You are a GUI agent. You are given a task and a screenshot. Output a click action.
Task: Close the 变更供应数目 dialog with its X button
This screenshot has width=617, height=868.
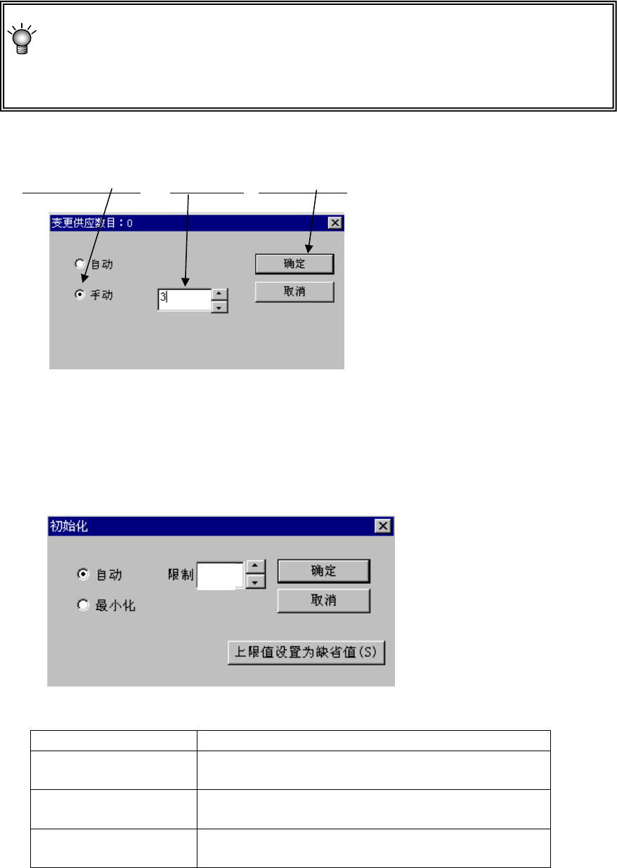[335, 223]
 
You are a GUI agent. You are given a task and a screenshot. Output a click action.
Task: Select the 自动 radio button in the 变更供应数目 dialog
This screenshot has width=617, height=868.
[80, 264]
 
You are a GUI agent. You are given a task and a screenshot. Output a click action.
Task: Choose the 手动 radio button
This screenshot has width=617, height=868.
[80, 295]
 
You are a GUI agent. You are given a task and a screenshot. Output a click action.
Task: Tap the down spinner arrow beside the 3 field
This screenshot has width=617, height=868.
[219, 307]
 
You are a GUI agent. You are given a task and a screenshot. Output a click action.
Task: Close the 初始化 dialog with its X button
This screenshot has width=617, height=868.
[382, 525]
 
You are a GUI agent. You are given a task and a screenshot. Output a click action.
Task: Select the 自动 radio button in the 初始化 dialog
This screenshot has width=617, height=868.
[83, 574]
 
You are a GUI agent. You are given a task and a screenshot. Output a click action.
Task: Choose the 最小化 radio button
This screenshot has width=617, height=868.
[83, 605]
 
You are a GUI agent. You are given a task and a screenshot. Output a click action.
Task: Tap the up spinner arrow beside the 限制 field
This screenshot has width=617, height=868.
[256, 568]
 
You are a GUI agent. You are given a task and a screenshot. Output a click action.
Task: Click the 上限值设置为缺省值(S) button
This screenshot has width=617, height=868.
[306, 652]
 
